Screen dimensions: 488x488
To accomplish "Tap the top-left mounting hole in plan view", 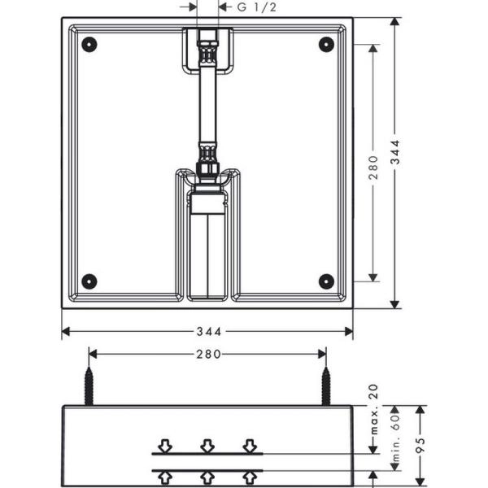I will (89, 44).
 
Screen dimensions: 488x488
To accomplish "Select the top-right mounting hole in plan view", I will (326, 44).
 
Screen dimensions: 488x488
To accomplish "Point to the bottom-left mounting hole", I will (89, 281).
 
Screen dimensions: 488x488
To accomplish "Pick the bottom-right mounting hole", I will (326, 281).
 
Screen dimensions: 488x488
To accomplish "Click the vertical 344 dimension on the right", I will (395, 163).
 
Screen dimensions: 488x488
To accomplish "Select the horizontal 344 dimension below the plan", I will (207, 332).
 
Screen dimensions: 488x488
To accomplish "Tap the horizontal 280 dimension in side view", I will (207, 354).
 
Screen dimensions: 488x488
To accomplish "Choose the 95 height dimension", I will (420, 446).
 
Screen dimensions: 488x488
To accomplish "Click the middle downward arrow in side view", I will (207, 446).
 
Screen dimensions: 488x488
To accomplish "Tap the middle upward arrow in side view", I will (207, 477).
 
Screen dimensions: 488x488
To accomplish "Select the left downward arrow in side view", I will (165, 446).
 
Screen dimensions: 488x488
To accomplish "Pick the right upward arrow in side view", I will (250, 477).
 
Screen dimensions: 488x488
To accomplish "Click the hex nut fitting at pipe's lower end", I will (208, 168).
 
